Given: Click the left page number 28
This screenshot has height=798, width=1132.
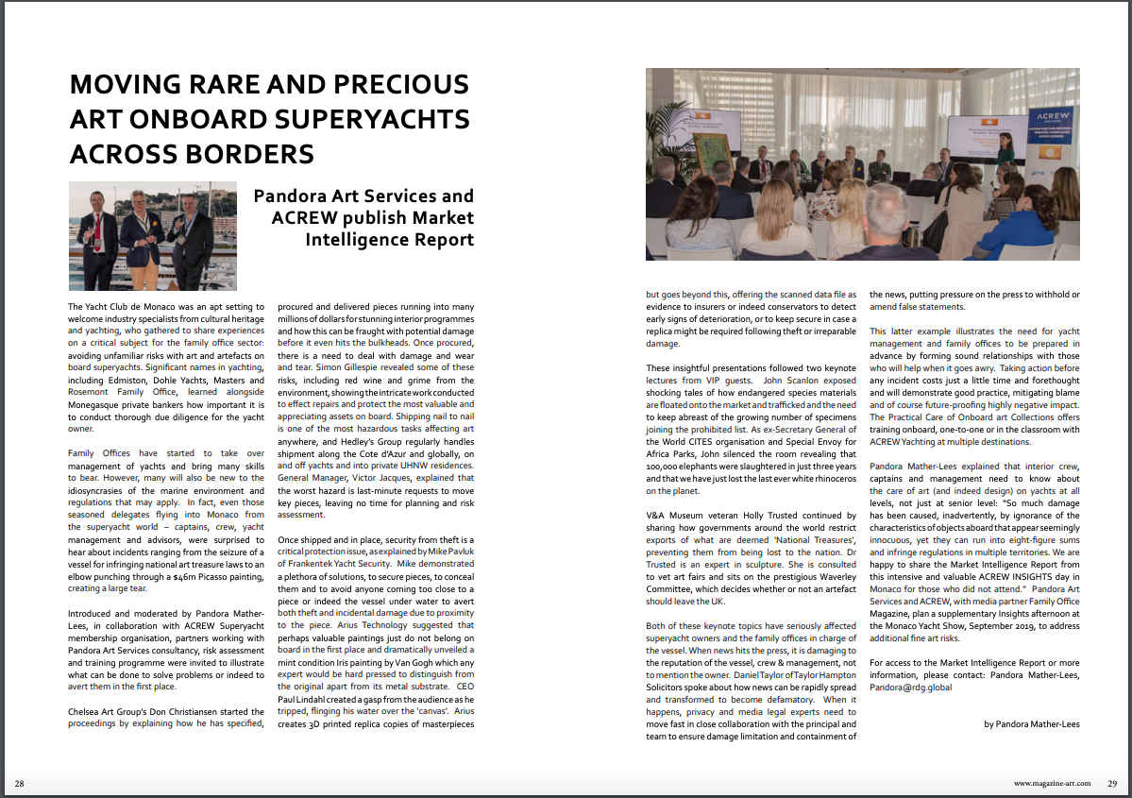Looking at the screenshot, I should pyautogui.click(x=19, y=784).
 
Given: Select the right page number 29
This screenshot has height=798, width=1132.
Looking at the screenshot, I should pyautogui.click(x=1112, y=784).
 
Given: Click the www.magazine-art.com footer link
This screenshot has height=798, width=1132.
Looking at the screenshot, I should pyautogui.click(x=1052, y=784).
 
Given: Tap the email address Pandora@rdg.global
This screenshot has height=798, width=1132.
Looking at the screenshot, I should pyautogui.click(x=911, y=688).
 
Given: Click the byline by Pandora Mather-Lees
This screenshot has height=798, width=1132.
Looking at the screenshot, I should pyautogui.click(x=1031, y=724).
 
